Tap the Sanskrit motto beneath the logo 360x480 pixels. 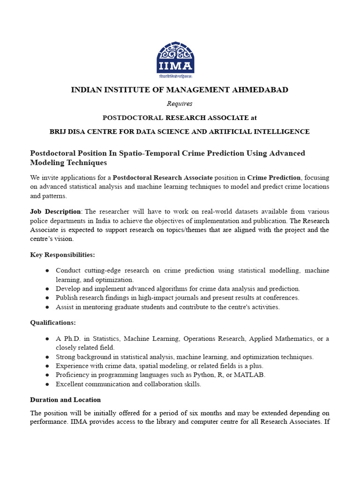pos(175,76)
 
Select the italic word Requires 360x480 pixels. pos(180,104)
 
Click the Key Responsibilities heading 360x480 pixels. pos(62,255)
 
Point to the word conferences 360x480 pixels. pos(282,298)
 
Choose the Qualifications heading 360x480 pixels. pos(52,322)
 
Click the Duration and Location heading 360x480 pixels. pos(65,400)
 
